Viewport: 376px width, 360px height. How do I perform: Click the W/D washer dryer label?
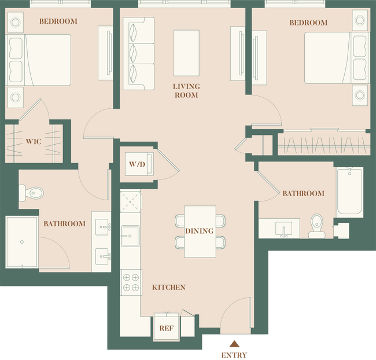(x=137, y=164)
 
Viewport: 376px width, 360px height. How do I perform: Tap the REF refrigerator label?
(x=166, y=328)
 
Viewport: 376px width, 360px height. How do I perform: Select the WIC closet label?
(x=33, y=141)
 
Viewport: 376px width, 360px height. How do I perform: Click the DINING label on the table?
(x=200, y=231)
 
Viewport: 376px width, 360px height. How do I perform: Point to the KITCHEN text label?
(x=168, y=287)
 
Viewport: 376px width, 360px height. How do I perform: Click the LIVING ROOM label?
(x=186, y=91)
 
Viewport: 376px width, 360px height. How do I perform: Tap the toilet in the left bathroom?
(x=32, y=192)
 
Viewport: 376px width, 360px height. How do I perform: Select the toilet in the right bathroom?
(x=316, y=225)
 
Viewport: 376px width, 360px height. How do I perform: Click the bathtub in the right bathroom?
(x=349, y=192)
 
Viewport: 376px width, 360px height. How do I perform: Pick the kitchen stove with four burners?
(x=130, y=282)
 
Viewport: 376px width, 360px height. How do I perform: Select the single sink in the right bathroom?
(x=284, y=227)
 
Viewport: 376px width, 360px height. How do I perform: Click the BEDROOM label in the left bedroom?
(x=58, y=21)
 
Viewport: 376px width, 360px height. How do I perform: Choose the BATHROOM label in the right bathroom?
(x=303, y=193)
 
